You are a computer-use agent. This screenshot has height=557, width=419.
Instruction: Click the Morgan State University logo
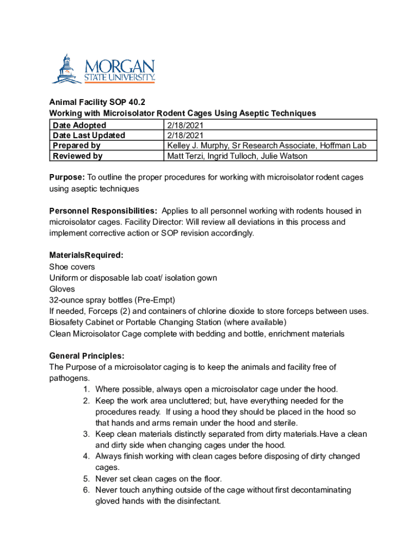(103, 69)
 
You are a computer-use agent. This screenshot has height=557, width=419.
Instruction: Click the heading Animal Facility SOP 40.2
(97, 102)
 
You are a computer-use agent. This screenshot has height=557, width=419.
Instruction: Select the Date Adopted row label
(79, 125)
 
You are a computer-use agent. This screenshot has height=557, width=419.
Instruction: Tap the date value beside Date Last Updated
(185, 135)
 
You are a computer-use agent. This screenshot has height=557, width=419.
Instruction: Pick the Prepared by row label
(77, 146)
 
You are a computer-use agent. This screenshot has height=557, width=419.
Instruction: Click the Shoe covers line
(72, 267)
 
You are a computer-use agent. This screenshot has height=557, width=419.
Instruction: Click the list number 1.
(87, 389)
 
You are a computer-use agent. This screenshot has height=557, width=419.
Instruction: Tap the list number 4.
(87, 456)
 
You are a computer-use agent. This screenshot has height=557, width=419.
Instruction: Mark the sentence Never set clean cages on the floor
(158, 479)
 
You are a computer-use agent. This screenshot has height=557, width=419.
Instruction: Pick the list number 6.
(87, 490)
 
